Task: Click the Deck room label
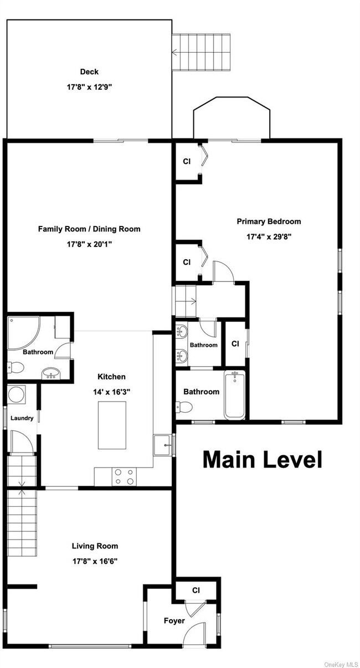(x=89, y=71)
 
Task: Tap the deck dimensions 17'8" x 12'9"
(x=89, y=87)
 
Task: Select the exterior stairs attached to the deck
(x=200, y=53)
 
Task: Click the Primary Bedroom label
(x=269, y=222)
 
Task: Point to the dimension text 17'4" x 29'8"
(x=269, y=237)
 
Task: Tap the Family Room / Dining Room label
(x=89, y=229)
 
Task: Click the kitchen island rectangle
(x=112, y=424)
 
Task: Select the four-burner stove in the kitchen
(x=122, y=477)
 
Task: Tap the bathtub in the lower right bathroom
(x=235, y=395)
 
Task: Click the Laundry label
(x=22, y=418)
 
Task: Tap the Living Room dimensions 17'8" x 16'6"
(x=94, y=561)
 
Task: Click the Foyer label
(x=174, y=621)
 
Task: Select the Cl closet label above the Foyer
(x=196, y=590)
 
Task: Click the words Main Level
(x=262, y=459)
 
